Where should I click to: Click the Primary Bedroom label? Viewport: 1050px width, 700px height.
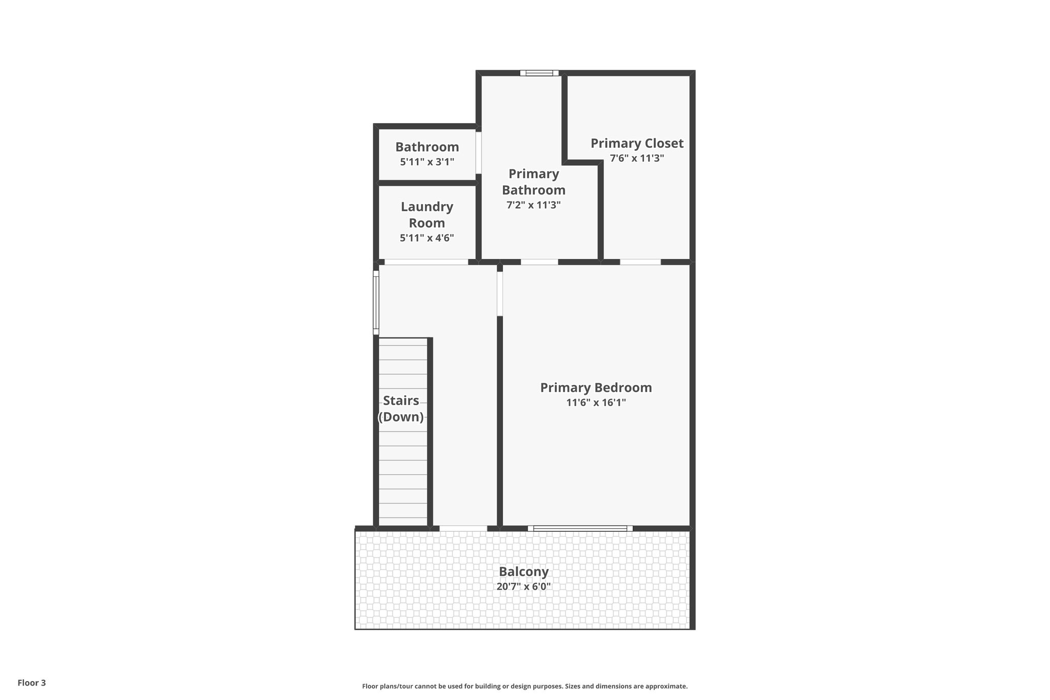(596, 388)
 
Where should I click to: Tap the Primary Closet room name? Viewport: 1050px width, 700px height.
(637, 143)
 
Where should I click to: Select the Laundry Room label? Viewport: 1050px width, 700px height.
(427, 215)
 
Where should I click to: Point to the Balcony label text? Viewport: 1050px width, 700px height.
(523, 571)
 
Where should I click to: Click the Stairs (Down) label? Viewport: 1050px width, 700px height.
(401, 409)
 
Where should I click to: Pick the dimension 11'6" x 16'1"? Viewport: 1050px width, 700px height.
(596, 403)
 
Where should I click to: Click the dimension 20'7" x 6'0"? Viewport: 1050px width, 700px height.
(523, 587)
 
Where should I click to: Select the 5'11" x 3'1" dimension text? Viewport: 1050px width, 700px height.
(427, 162)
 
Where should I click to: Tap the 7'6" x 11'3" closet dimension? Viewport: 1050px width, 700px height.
(637, 158)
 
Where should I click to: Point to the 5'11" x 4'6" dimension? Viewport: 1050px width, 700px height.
(427, 238)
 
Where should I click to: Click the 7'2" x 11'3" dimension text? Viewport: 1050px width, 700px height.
(533, 205)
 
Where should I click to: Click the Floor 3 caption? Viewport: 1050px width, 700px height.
(32, 683)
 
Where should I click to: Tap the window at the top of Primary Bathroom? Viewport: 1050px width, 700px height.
(539, 73)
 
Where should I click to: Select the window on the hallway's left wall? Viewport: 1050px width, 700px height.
(376, 303)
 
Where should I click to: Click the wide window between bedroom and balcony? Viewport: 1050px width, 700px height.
(580, 528)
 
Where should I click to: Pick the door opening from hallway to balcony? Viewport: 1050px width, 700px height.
(463, 528)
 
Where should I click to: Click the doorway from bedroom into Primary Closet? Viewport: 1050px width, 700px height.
(640, 262)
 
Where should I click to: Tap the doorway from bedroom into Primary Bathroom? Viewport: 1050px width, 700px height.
(539, 262)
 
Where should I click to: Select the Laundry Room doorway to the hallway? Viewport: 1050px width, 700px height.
(426, 262)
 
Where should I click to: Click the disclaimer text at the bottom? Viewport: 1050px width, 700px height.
(524, 686)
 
